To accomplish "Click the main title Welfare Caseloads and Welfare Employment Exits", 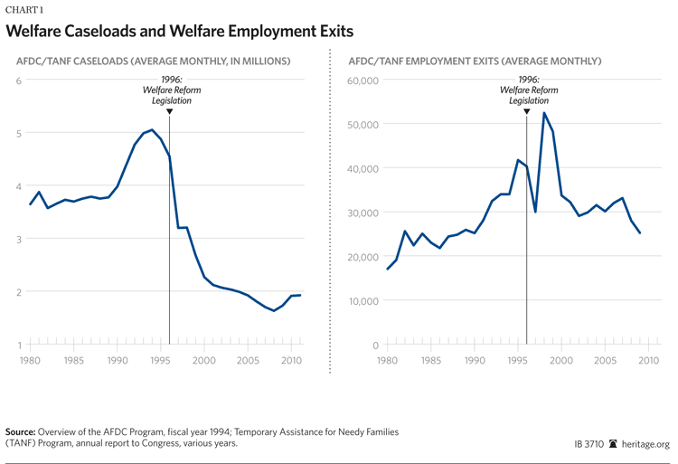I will coord(179,32).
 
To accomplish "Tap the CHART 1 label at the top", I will coord(24,9).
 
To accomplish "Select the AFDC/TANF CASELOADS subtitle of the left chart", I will coord(153,62).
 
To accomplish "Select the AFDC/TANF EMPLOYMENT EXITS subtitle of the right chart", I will coord(476,62).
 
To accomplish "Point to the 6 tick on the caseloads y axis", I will coord(18,81).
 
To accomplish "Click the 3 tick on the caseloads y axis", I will coord(18,239).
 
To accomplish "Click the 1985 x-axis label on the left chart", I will coord(73,360).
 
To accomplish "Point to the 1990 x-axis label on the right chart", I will coord(475,360).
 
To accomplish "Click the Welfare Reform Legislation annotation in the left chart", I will coord(172,95).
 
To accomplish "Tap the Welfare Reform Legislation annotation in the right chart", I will coord(528,95).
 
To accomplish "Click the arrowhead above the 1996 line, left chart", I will coord(170,112).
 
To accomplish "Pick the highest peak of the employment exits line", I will coord(544,113).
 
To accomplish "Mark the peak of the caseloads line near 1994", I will coord(151,130).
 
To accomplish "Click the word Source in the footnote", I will coord(22,432).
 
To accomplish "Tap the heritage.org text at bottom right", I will coord(645,444).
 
